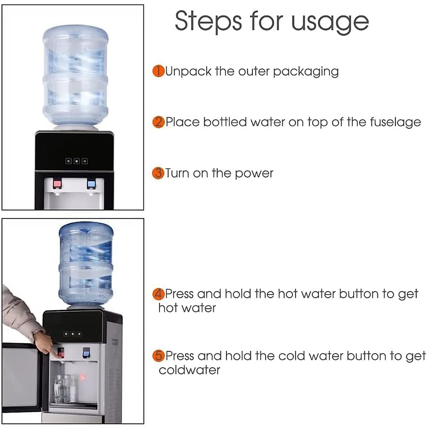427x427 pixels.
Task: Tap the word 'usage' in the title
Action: pyautogui.click(x=330, y=22)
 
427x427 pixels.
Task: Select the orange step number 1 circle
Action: pyautogui.click(x=158, y=71)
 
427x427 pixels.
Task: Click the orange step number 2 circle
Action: pyautogui.click(x=158, y=122)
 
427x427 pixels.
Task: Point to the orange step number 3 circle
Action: pyautogui.click(x=158, y=173)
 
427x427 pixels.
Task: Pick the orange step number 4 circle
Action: pyautogui.click(x=158, y=294)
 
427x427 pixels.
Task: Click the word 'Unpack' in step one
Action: pyautogui.click(x=189, y=72)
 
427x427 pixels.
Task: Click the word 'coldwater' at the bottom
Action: pyautogui.click(x=189, y=370)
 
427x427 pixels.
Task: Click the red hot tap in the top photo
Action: pyautogui.click(x=57, y=184)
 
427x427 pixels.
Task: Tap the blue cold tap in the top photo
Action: pyautogui.click(x=91, y=184)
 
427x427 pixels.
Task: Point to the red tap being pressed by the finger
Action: pyautogui.click(x=61, y=353)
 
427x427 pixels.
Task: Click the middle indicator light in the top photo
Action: pyautogui.click(x=76, y=161)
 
